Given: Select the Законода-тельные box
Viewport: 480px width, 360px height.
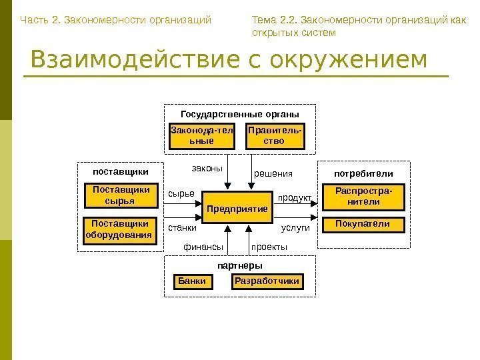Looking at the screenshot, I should (x=202, y=136).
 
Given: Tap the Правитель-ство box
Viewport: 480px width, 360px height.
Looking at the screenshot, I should (x=274, y=136).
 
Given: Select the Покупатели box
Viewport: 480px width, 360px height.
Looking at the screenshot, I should (x=363, y=225).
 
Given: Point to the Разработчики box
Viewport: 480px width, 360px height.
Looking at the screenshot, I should (x=266, y=281).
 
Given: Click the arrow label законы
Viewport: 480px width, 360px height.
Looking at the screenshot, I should (x=207, y=169).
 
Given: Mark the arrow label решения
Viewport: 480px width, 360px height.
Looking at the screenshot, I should (x=273, y=174).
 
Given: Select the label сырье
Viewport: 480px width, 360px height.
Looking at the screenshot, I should (x=181, y=193).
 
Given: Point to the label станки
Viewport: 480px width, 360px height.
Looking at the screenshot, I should (x=182, y=228).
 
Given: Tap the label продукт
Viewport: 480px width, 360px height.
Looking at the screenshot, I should (x=294, y=198).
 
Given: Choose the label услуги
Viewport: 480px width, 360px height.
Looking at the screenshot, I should (x=296, y=228).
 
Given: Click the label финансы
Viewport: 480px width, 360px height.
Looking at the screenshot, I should (x=203, y=247).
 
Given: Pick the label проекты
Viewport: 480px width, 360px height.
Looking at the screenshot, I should (x=269, y=247).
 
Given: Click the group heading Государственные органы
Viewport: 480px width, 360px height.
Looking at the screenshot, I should (x=240, y=113).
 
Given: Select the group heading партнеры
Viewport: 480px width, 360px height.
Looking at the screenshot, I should (x=240, y=266).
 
